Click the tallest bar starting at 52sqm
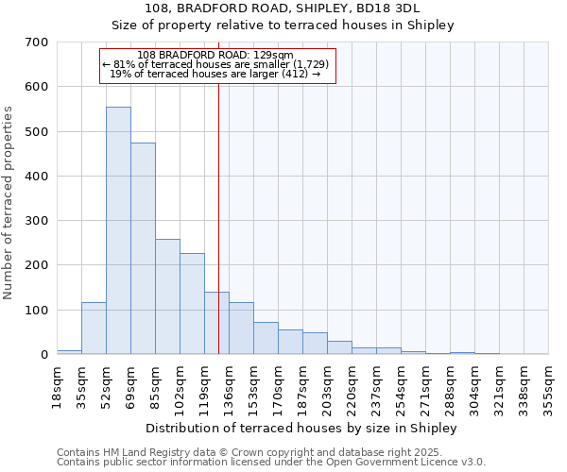[x=118, y=230]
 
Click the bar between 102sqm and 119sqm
[x=192, y=303]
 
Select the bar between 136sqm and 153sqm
[x=241, y=328]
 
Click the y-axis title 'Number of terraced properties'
[x=9, y=203]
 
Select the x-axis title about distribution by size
[x=301, y=428]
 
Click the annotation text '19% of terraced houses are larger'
[x=216, y=74]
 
